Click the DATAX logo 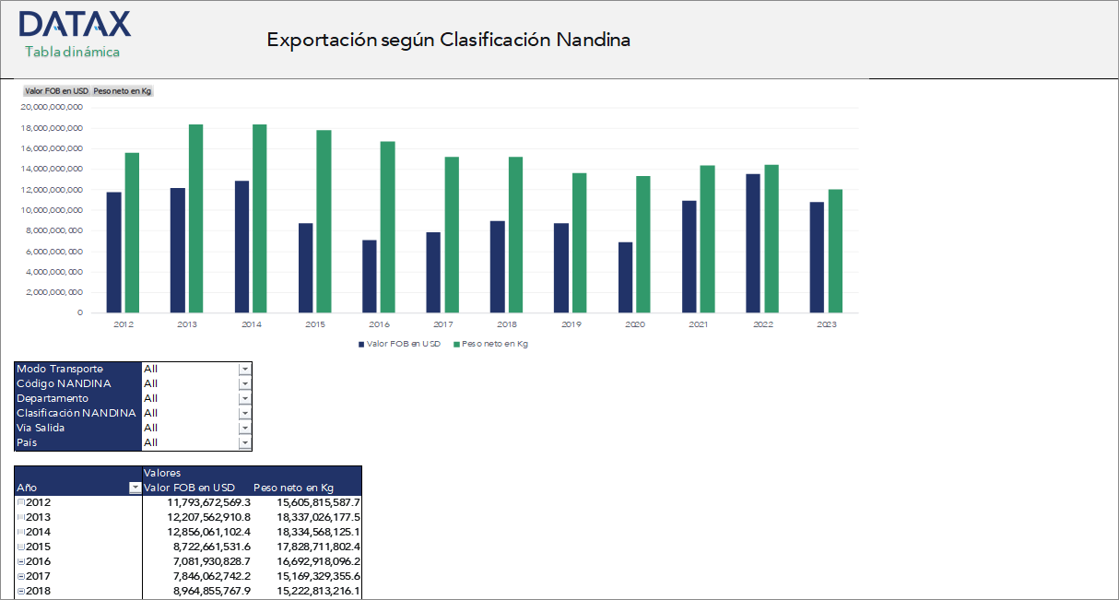click(x=74, y=24)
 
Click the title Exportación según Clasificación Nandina click(x=448, y=40)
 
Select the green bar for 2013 click(x=195, y=218)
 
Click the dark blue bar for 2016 click(x=370, y=276)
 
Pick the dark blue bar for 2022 click(x=753, y=243)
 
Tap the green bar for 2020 click(x=643, y=244)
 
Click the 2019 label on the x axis click(x=571, y=324)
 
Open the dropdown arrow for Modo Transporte click(x=244, y=369)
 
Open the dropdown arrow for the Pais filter click(x=244, y=442)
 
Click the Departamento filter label click(x=53, y=398)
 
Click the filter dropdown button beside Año click(x=135, y=488)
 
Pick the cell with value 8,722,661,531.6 click(x=211, y=547)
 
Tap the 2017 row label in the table click(x=39, y=576)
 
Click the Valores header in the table click(x=162, y=473)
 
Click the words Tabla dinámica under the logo click(x=72, y=52)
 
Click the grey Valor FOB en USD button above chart click(x=56, y=91)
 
